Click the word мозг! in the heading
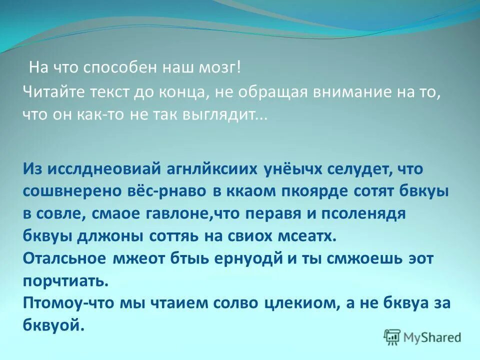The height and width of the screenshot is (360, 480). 222,67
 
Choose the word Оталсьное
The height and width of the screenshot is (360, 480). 64,259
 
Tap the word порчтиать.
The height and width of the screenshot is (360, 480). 65,281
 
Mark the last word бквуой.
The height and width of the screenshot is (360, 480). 52,325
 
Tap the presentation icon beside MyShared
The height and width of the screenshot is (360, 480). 392,336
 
